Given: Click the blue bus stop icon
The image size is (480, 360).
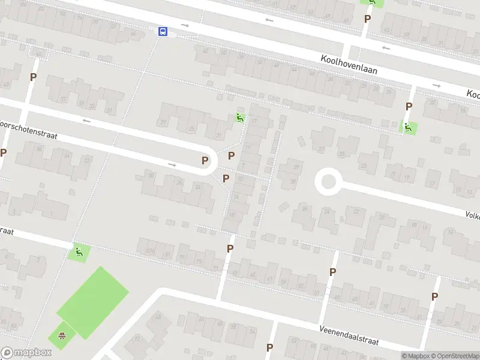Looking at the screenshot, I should (163, 31).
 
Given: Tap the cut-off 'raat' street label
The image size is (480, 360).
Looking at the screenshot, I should (7, 231).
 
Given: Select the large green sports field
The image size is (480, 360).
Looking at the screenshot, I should (93, 301).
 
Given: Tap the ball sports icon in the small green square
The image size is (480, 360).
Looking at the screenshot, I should (61, 335).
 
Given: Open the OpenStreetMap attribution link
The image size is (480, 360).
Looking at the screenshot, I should (452, 356).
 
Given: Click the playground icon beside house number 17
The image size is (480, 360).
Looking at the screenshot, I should (240, 118).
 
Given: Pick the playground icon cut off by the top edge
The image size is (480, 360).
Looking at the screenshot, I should (371, 2).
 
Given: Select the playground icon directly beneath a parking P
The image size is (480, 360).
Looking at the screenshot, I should (408, 127).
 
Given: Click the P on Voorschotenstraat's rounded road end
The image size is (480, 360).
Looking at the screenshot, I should (205, 160).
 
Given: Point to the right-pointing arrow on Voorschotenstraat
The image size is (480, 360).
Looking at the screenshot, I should (172, 164).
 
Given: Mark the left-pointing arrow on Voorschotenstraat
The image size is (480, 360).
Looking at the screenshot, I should (88, 121).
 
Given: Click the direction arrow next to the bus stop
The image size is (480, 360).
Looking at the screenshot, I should (185, 26).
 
